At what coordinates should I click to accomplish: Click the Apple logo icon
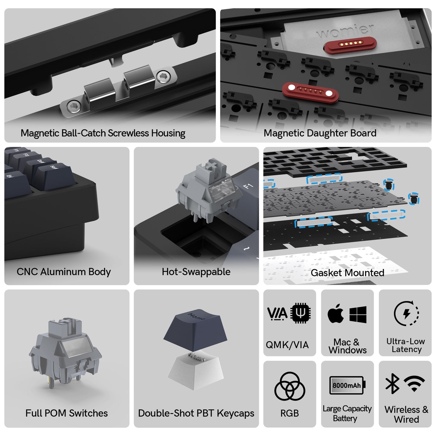(335, 314)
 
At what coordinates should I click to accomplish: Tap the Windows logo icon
(358, 314)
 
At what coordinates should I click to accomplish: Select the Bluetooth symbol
(392, 383)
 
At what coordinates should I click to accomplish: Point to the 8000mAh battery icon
(348, 385)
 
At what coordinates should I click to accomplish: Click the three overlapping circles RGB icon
(290, 386)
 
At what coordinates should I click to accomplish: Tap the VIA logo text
(277, 314)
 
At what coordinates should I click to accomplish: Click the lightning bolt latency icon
(406, 313)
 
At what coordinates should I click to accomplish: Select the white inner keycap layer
(196, 371)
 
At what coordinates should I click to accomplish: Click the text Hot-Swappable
(196, 272)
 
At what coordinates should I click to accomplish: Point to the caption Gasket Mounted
(348, 273)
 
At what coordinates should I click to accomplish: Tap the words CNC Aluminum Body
(64, 272)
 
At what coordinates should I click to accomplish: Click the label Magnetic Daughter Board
(320, 133)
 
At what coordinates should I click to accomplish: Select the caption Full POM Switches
(66, 413)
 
